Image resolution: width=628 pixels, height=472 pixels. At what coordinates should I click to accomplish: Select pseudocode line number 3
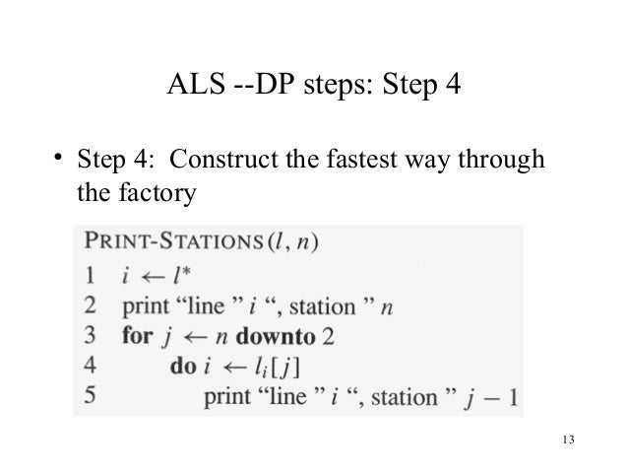(x=88, y=335)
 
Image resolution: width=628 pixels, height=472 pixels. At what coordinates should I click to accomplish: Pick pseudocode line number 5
(x=88, y=397)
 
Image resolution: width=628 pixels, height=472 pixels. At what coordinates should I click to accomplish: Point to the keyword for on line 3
(x=138, y=335)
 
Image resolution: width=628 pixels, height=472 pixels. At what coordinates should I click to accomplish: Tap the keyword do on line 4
(x=181, y=367)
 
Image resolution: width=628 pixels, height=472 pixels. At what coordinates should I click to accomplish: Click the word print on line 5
(x=229, y=397)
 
